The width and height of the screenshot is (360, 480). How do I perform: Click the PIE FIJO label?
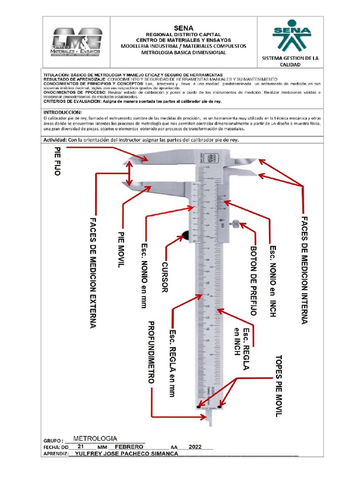click(57, 160)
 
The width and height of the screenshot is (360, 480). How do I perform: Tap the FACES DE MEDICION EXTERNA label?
click(93, 272)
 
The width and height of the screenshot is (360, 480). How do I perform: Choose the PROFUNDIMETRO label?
click(151, 352)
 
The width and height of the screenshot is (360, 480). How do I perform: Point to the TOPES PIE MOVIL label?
click(278, 386)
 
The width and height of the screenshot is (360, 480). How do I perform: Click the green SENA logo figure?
click(292, 35)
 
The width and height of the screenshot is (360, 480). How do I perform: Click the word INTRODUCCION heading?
click(63, 112)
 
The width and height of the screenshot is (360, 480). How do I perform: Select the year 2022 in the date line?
click(195, 447)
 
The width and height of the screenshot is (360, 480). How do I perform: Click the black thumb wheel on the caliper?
click(184, 235)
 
